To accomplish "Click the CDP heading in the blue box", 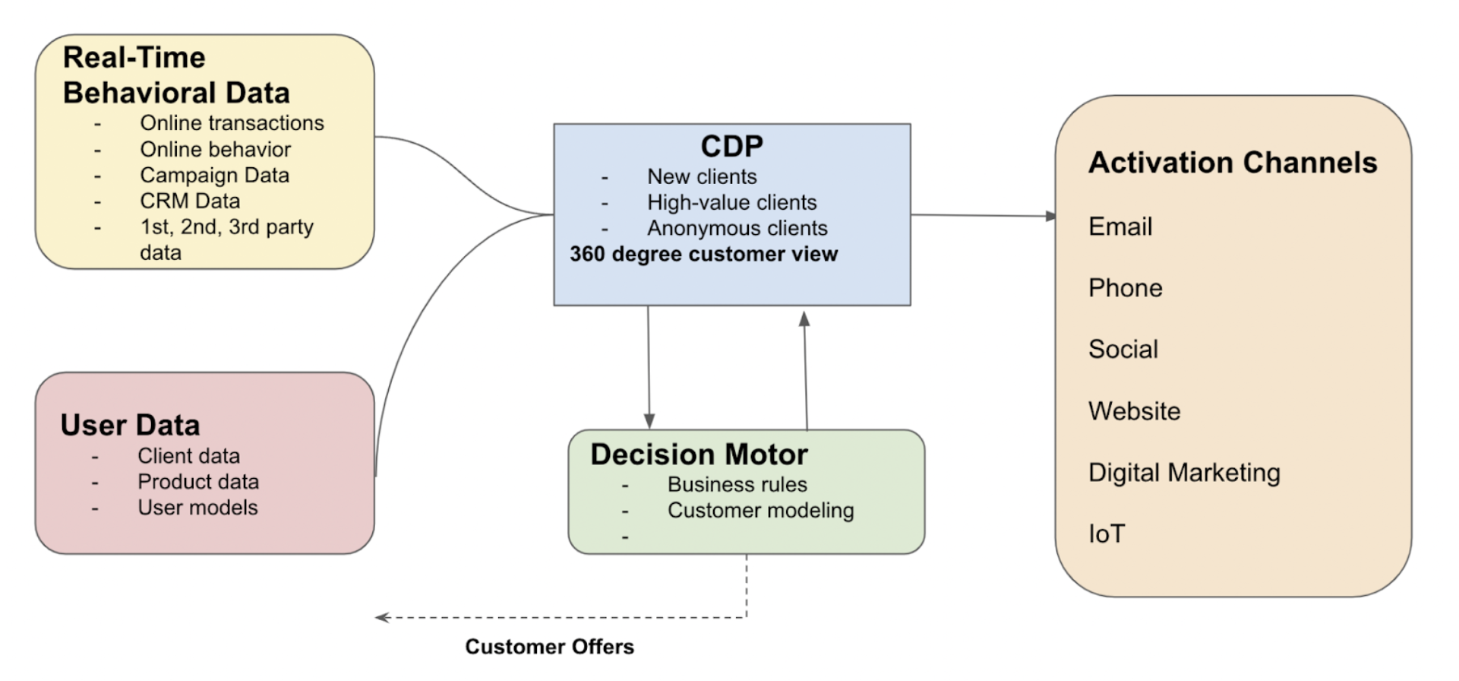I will tap(731, 146).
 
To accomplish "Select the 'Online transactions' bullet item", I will tap(232, 123).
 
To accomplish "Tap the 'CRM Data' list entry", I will tap(190, 201).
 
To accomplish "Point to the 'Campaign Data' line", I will tap(214, 175).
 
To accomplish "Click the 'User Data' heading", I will tap(130, 425).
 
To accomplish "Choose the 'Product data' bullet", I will tap(197, 482).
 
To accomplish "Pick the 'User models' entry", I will tap(197, 508).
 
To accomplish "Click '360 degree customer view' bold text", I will tap(703, 254).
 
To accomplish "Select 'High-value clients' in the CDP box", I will tap(731, 202).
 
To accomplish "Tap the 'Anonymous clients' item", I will tap(737, 228).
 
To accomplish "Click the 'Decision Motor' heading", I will tap(699, 455).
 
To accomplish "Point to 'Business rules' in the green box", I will tap(737, 485).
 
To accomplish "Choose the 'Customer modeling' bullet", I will tap(760, 511).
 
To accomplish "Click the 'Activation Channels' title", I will tap(1232, 163).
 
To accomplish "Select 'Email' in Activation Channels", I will tap(1120, 226).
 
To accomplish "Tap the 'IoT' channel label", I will tap(1106, 534).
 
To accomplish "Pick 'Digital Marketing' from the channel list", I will tap(1183, 473).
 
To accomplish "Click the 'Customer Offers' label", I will tap(549, 647).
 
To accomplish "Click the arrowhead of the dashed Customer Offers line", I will tap(381, 617).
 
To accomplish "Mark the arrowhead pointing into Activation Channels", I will tap(1050, 216).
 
